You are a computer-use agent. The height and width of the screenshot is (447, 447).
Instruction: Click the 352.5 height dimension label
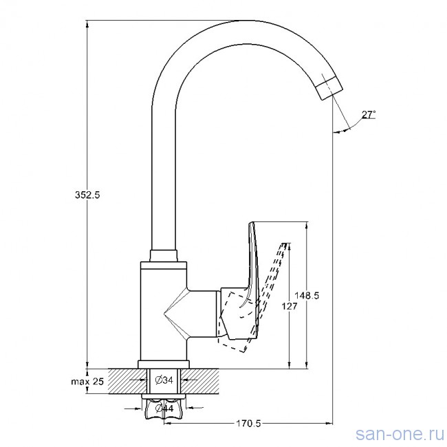pyautogui.click(x=87, y=195)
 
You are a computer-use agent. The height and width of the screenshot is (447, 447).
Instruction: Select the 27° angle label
pyautogui.click(x=369, y=115)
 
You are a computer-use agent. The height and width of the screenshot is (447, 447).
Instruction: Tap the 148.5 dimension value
pyautogui.click(x=307, y=295)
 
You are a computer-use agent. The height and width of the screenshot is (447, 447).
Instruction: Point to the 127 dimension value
pyautogui.click(x=290, y=306)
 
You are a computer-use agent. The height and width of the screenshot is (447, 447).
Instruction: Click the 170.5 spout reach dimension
pyautogui.click(x=248, y=424)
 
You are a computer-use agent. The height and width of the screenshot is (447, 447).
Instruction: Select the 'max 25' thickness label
pyautogui.click(x=87, y=382)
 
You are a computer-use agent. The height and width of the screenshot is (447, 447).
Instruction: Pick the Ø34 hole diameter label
pyautogui.click(x=164, y=380)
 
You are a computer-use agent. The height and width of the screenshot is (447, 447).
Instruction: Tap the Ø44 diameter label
pyautogui.click(x=164, y=408)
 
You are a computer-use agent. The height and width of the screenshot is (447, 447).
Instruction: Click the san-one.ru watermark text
pyautogui.click(x=400, y=434)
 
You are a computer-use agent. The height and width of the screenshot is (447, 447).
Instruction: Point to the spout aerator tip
pyautogui.click(x=329, y=89)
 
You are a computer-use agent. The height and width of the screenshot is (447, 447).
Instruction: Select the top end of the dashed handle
pyautogui.click(x=284, y=243)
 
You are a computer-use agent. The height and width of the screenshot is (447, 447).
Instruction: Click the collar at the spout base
pyautogui.click(x=164, y=256)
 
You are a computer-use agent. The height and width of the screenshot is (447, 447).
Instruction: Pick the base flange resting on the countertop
pyautogui.click(x=164, y=364)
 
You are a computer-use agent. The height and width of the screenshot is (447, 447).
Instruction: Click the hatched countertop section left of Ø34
pyautogui.click(x=128, y=382)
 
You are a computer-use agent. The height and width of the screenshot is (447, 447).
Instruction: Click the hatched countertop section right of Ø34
pyautogui.click(x=200, y=382)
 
